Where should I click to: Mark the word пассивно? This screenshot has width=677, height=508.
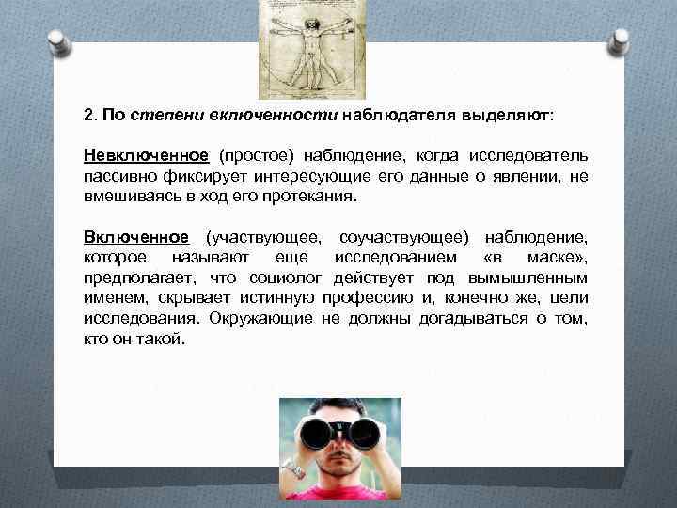116,176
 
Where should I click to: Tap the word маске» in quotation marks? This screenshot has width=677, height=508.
559,258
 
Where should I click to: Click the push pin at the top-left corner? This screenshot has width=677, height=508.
54,43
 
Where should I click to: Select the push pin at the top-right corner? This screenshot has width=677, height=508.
622,42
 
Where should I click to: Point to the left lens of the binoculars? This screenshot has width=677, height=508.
317,434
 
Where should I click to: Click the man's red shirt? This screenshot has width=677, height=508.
338,494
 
